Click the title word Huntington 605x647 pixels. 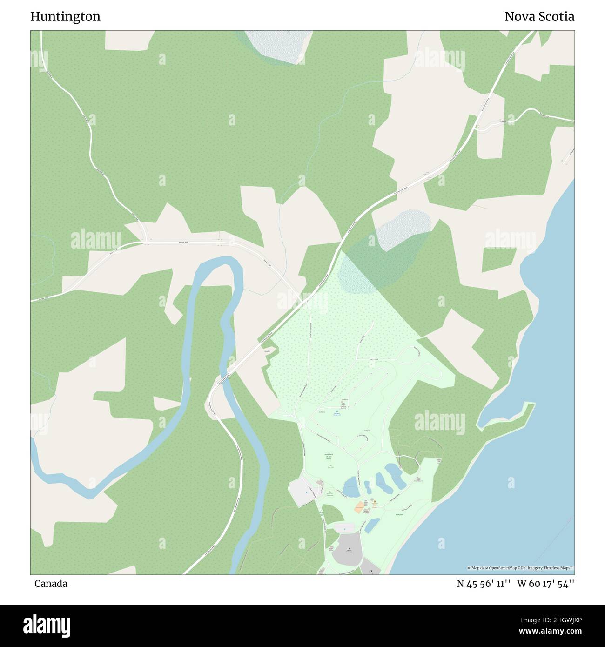pyautogui.click(x=65, y=17)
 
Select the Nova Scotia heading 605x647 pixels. pyautogui.click(x=539, y=17)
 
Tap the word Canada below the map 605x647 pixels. pyautogui.click(x=51, y=584)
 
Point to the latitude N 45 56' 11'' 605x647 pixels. pyautogui.click(x=484, y=584)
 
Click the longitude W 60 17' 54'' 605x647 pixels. pyautogui.click(x=545, y=584)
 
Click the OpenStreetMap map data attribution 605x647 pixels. pyautogui.click(x=520, y=568)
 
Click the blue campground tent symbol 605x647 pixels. pyautogui.click(x=337, y=411)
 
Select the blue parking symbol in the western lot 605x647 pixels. pyautogui.click(x=306, y=492)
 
